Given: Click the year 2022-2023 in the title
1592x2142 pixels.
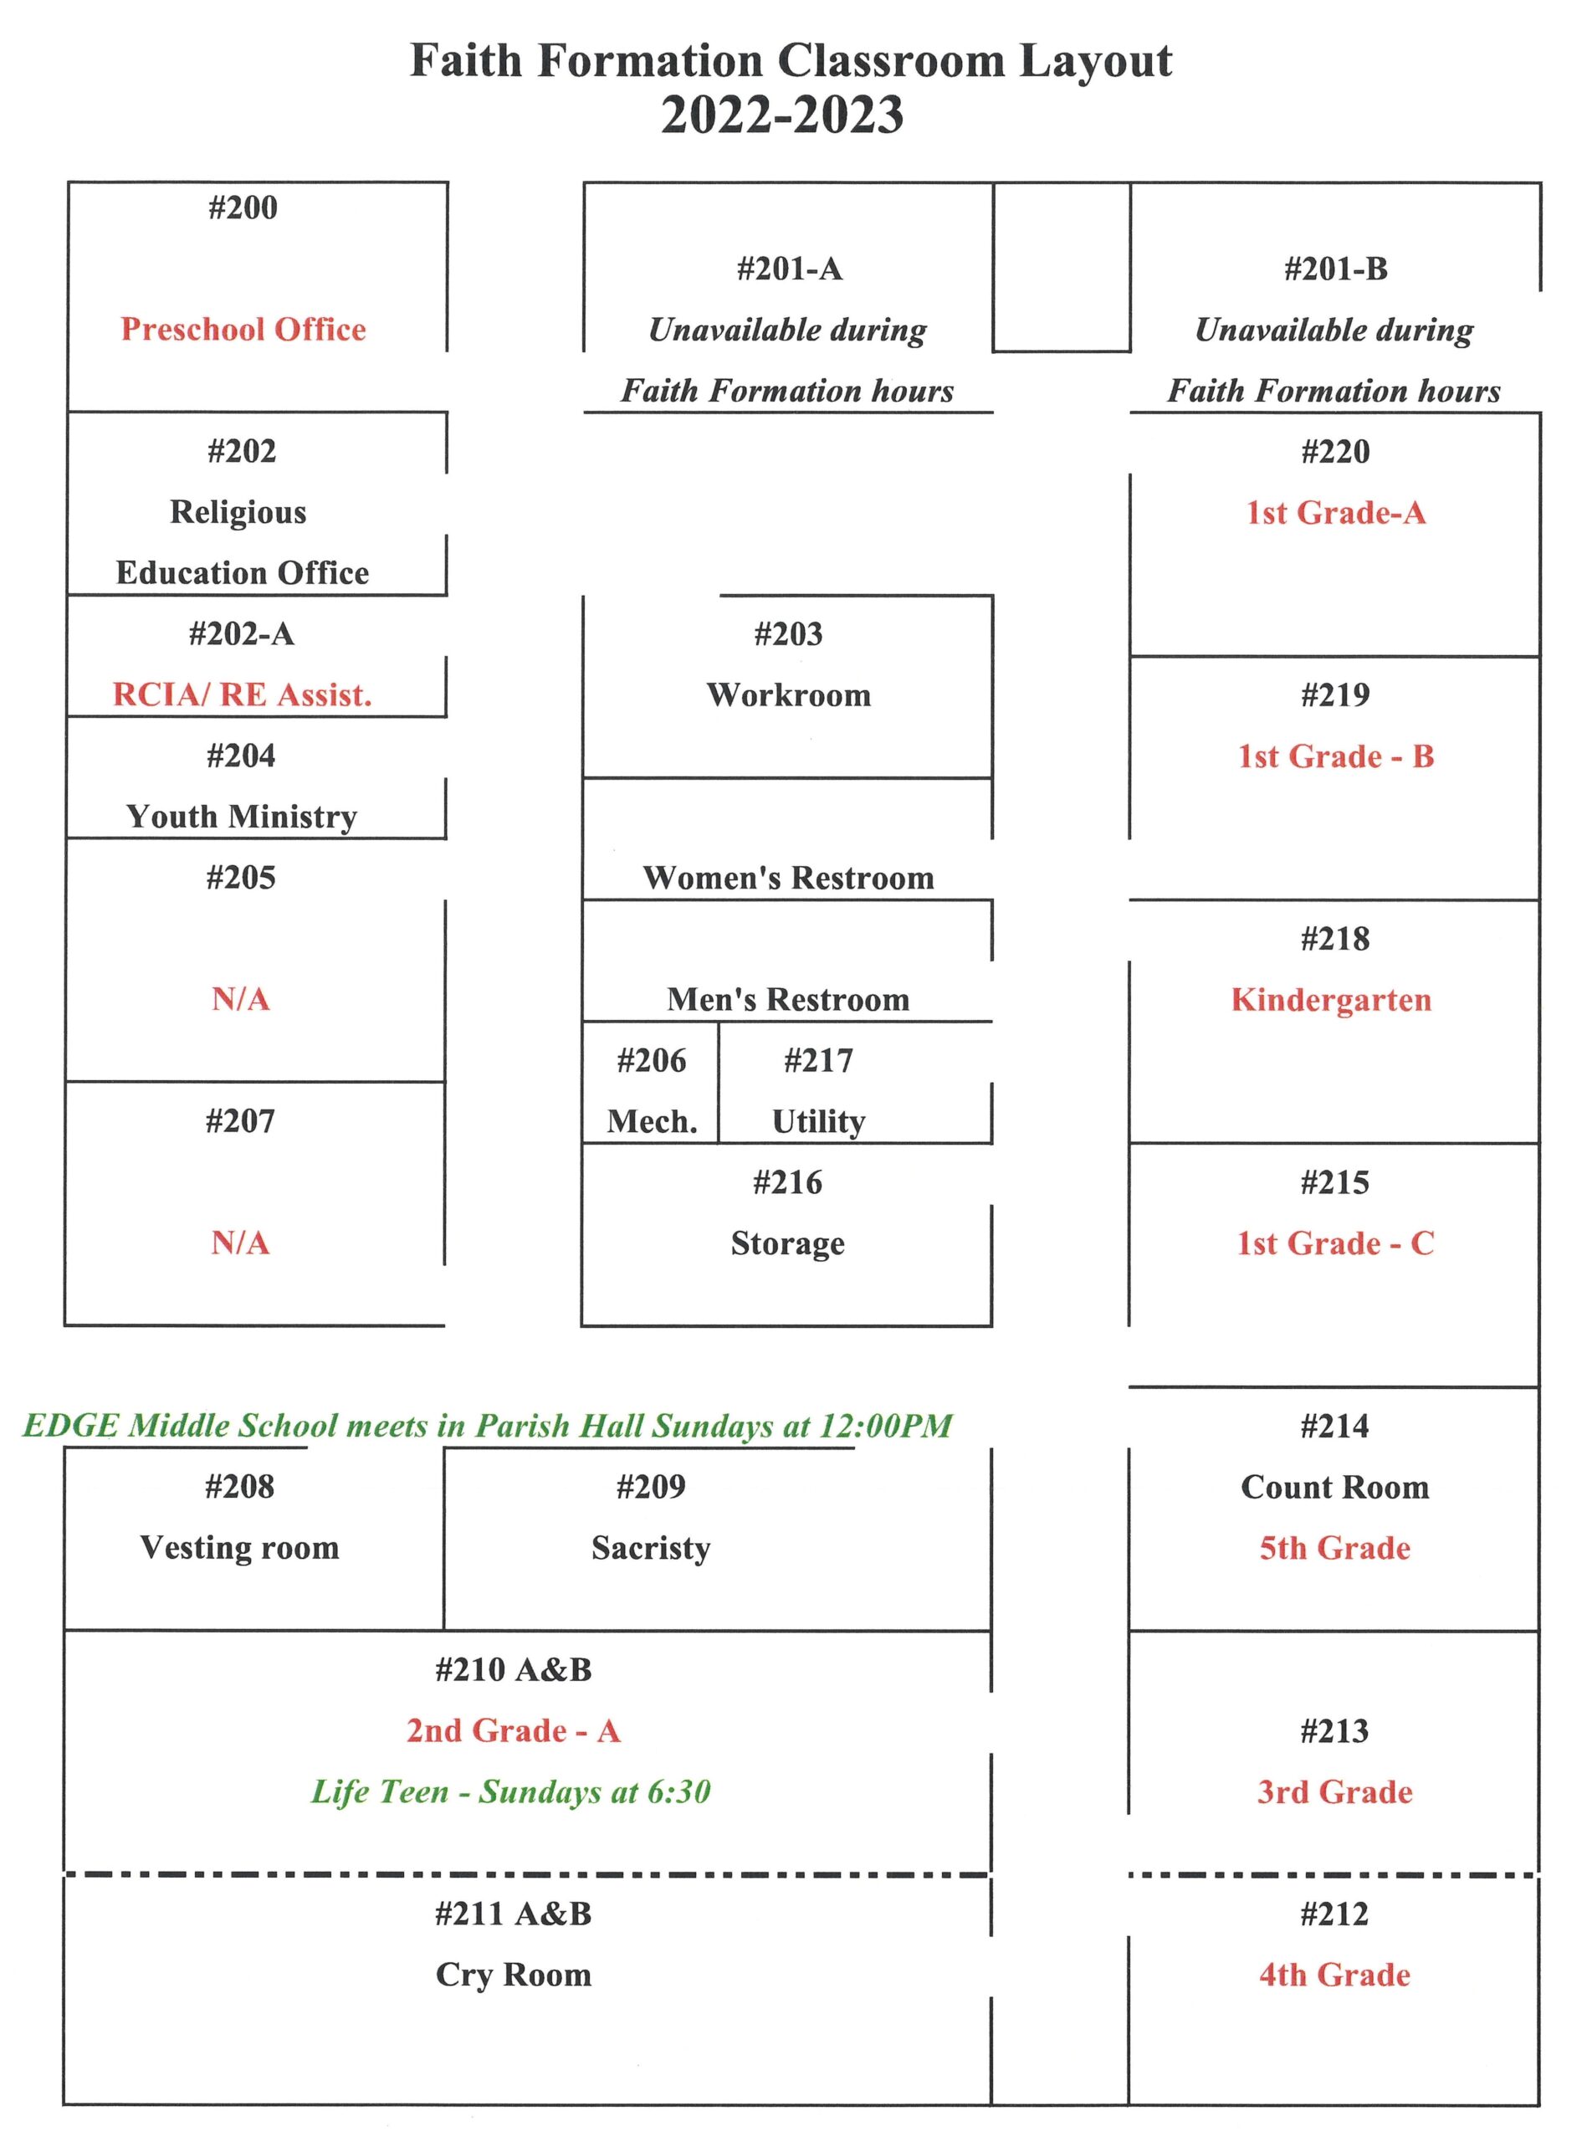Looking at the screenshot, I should click(781, 115).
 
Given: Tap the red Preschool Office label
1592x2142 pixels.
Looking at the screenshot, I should click(243, 330).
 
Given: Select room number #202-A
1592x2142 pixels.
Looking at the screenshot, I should click(241, 634).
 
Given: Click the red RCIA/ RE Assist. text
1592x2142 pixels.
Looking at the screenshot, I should click(242, 694).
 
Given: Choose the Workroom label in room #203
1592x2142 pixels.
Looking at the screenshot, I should click(788, 694).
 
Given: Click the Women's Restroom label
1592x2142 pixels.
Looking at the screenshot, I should click(788, 878).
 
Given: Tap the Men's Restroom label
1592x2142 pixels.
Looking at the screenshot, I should click(788, 999).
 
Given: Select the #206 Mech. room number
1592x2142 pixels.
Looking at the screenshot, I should click(652, 1061).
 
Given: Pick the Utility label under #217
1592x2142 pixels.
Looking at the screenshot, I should click(818, 1120).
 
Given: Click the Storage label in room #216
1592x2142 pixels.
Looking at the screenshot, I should click(787, 1243).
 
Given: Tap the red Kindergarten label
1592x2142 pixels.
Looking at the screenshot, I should click(1331, 999).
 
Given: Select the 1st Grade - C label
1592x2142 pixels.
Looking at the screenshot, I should click(1334, 1243).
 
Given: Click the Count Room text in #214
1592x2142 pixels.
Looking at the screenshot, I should click(1334, 1487).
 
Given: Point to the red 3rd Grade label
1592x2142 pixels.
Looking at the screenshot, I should click(1334, 1791).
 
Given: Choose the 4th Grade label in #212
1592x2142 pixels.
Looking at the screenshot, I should click(1334, 1975).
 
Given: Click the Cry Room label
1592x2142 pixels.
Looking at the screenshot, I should click(513, 1975).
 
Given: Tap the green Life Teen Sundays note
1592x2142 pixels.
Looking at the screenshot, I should click(511, 1791).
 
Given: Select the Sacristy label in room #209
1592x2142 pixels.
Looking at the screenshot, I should click(651, 1547).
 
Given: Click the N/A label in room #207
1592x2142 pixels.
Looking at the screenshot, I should click(240, 1243).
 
